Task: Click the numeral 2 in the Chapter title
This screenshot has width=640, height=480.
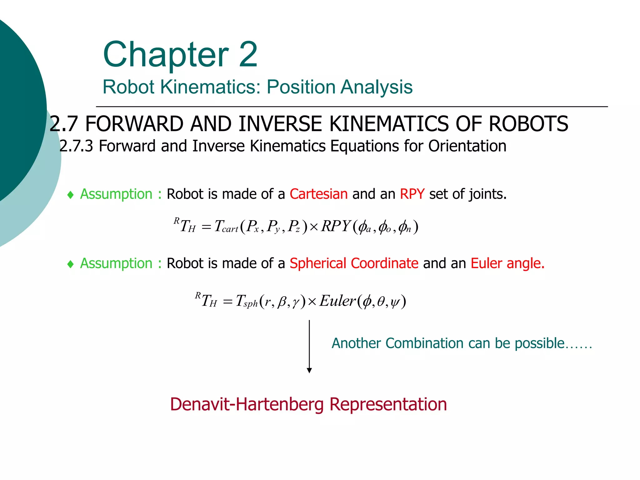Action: coord(248,55)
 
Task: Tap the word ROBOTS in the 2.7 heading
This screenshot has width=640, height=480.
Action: coord(528,124)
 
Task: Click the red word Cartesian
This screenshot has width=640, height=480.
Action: coord(318,194)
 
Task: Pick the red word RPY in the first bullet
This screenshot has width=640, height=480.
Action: coord(412,194)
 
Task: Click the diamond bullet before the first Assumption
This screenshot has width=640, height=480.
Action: coord(71,195)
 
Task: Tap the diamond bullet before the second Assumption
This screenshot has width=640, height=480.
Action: coord(71,264)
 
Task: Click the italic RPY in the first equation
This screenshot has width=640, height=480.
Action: coord(336,226)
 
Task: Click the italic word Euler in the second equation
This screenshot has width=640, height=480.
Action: coord(337,301)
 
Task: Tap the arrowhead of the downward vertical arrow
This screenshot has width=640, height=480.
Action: coord(309,371)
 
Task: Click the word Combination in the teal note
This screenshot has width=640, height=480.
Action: coord(424,343)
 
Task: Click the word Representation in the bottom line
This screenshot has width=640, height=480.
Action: coord(388,404)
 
